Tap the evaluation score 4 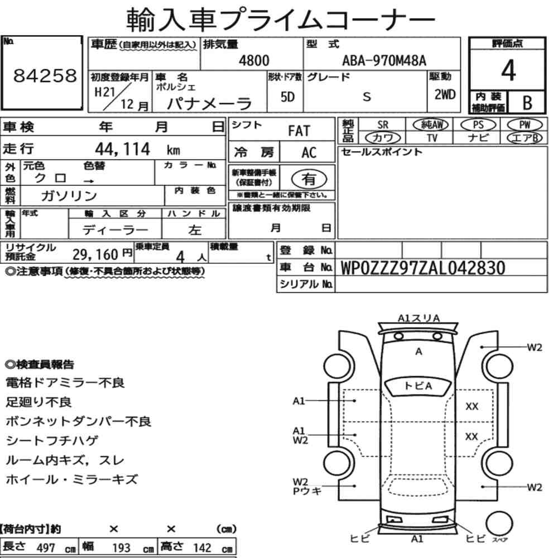coord(508,71)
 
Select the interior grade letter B coord(526,102)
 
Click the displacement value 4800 coord(254,61)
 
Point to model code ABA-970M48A coord(384,61)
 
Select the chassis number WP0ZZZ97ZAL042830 coord(422,268)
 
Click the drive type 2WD coord(445,95)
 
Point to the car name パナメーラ coord(210,103)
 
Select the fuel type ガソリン coord(69,196)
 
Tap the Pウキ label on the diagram coord(307,490)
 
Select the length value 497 coord(45,548)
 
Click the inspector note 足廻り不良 coord(39,402)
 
